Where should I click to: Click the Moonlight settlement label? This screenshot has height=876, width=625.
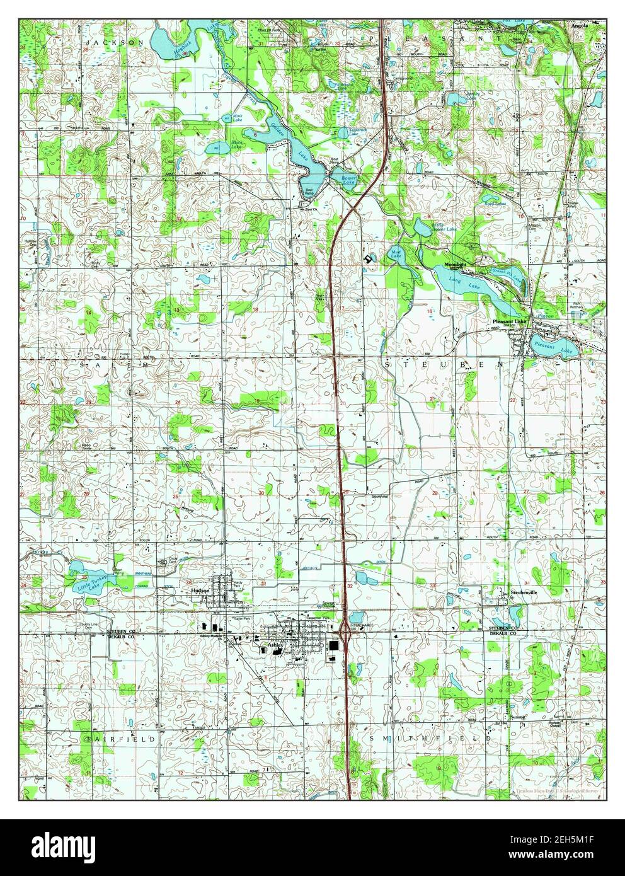(456, 264)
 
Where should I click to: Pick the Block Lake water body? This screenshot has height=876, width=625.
(220, 147)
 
